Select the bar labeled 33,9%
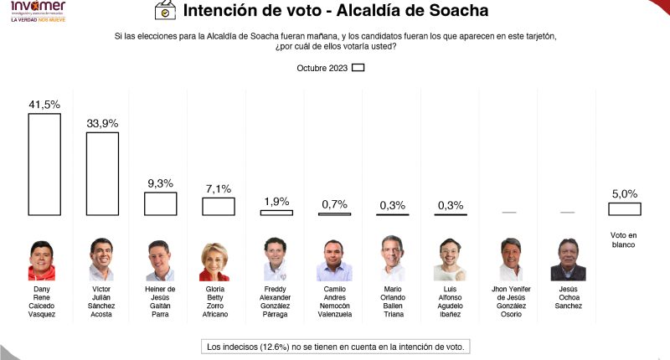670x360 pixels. [102, 174]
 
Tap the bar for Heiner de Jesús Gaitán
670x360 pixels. [161, 204]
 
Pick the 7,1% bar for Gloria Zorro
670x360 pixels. [219, 207]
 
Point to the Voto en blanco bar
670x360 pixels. [625, 209]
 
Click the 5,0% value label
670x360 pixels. [625, 193]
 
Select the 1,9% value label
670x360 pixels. [277, 201]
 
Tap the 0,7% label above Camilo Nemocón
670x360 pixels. [335, 204]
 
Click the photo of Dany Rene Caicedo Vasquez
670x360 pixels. [44, 260]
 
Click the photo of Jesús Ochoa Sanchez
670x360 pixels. [567, 260]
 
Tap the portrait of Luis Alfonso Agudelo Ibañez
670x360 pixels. [451, 260]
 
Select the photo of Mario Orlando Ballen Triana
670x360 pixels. [393, 260]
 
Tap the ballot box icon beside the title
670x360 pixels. [166, 12]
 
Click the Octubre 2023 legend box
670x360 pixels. [358, 69]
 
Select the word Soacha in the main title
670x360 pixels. [454, 12]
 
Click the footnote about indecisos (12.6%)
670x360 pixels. [336, 346]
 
